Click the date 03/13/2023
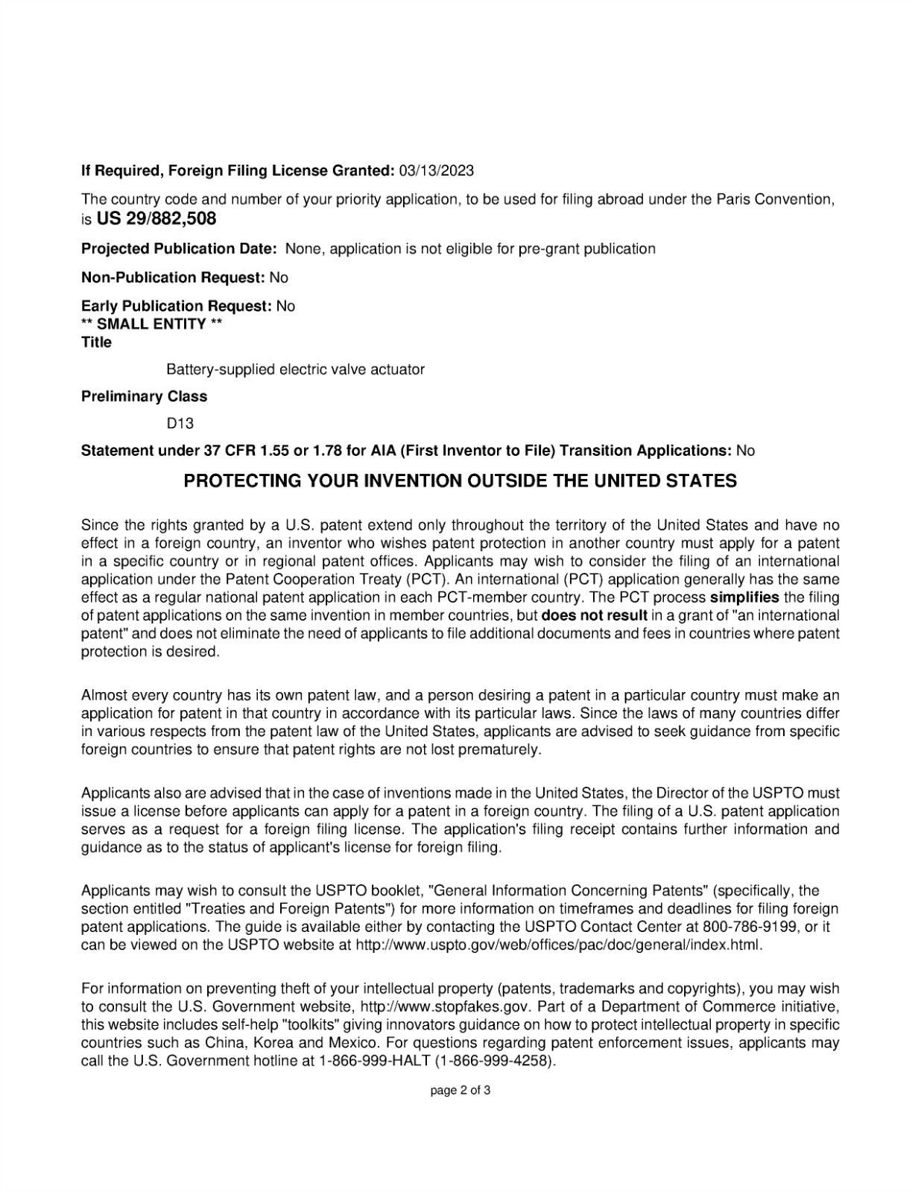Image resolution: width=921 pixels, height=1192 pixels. [436, 171]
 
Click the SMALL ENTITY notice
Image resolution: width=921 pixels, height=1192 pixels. [152, 324]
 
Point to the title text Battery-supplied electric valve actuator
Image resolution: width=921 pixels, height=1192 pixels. [295, 370]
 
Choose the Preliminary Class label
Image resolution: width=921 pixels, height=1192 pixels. [144, 396]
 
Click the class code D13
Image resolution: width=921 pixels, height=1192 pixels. [180, 423]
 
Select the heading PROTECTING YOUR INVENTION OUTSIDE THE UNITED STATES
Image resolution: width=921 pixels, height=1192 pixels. [460, 481]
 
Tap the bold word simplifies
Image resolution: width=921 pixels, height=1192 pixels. [744, 597]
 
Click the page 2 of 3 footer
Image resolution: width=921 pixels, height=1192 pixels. [460, 1091]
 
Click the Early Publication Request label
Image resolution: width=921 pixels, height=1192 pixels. [176, 306]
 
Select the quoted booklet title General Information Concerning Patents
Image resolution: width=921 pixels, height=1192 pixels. [570, 890]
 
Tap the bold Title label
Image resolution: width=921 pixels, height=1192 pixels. [96, 343]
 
